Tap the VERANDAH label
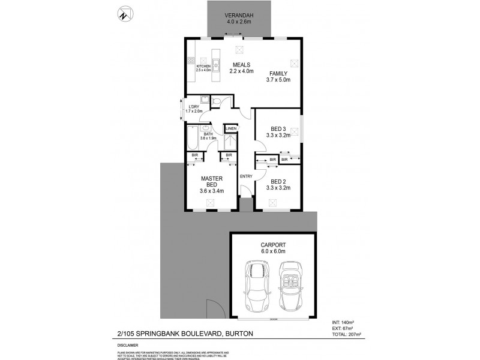click(x=238, y=16)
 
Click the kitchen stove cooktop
click(x=191, y=60)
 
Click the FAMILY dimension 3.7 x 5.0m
click(x=278, y=79)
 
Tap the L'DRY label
click(x=194, y=107)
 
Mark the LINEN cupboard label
click(x=231, y=128)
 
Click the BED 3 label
click(x=278, y=128)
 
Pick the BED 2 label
click(x=278, y=181)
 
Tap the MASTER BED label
click(x=212, y=181)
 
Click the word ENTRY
click(x=246, y=176)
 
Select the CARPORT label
click(x=272, y=244)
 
